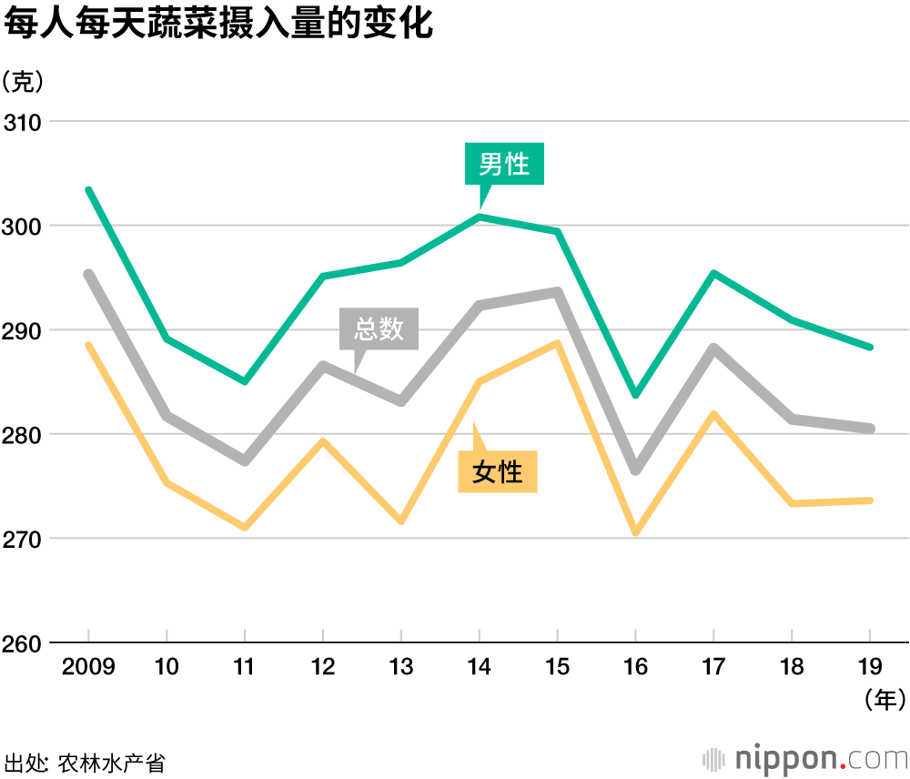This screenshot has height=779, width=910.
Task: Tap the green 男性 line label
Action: click(504, 164)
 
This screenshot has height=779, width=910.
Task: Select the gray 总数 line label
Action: click(379, 329)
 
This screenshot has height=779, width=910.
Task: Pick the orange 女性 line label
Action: click(498, 471)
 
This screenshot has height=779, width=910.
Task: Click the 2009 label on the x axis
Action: click(88, 667)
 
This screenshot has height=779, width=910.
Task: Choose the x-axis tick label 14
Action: click(480, 667)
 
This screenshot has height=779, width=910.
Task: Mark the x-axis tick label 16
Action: click(636, 667)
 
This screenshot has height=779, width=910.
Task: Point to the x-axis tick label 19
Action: click(871, 667)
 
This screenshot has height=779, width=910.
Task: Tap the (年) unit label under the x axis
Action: click(884, 700)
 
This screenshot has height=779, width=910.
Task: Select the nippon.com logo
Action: click(806, 758)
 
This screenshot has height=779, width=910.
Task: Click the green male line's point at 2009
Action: click(88, 189)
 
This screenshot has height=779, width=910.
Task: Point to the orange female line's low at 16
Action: click(636, 532)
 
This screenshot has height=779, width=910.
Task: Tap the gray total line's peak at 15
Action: click(558, 292)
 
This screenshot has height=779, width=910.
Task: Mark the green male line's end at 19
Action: click(871, 347)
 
